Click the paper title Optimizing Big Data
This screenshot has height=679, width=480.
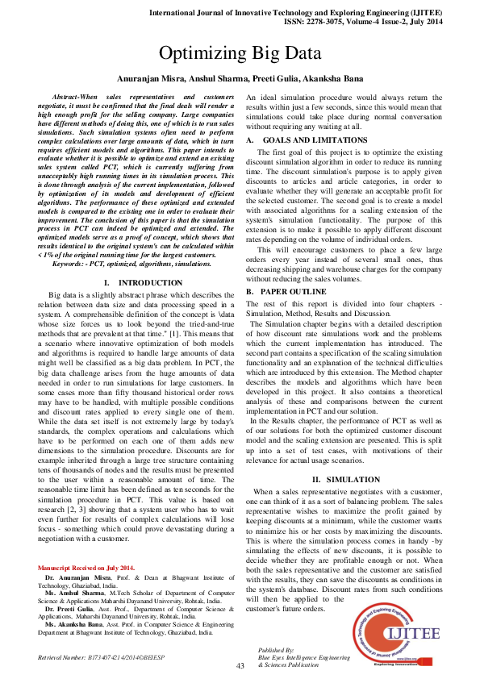(x=240, y=55)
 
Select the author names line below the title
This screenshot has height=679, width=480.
(x=240, y=79)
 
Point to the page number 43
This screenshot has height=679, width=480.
(x=240, y=666)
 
